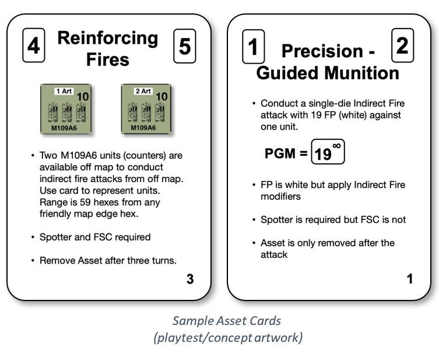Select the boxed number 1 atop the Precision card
coord(253,46)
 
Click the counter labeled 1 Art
coord(65,109)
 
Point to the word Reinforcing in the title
coord(108,39)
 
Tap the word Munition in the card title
coord(363,74)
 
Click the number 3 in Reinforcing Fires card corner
coord(189,279)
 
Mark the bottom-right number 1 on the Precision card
coord(410,279)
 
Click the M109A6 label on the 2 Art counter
coord(142,127)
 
